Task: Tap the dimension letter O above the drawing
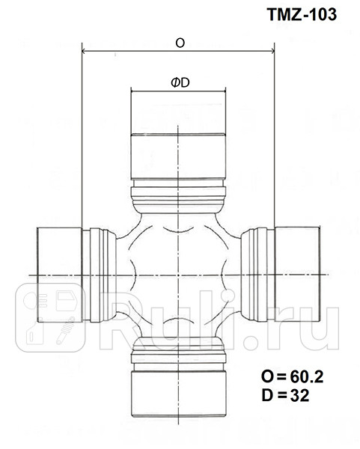coord(180,43)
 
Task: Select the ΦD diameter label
coord(179,82)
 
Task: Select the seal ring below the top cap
coord(179,197)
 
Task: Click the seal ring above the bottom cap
coord(179,348)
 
